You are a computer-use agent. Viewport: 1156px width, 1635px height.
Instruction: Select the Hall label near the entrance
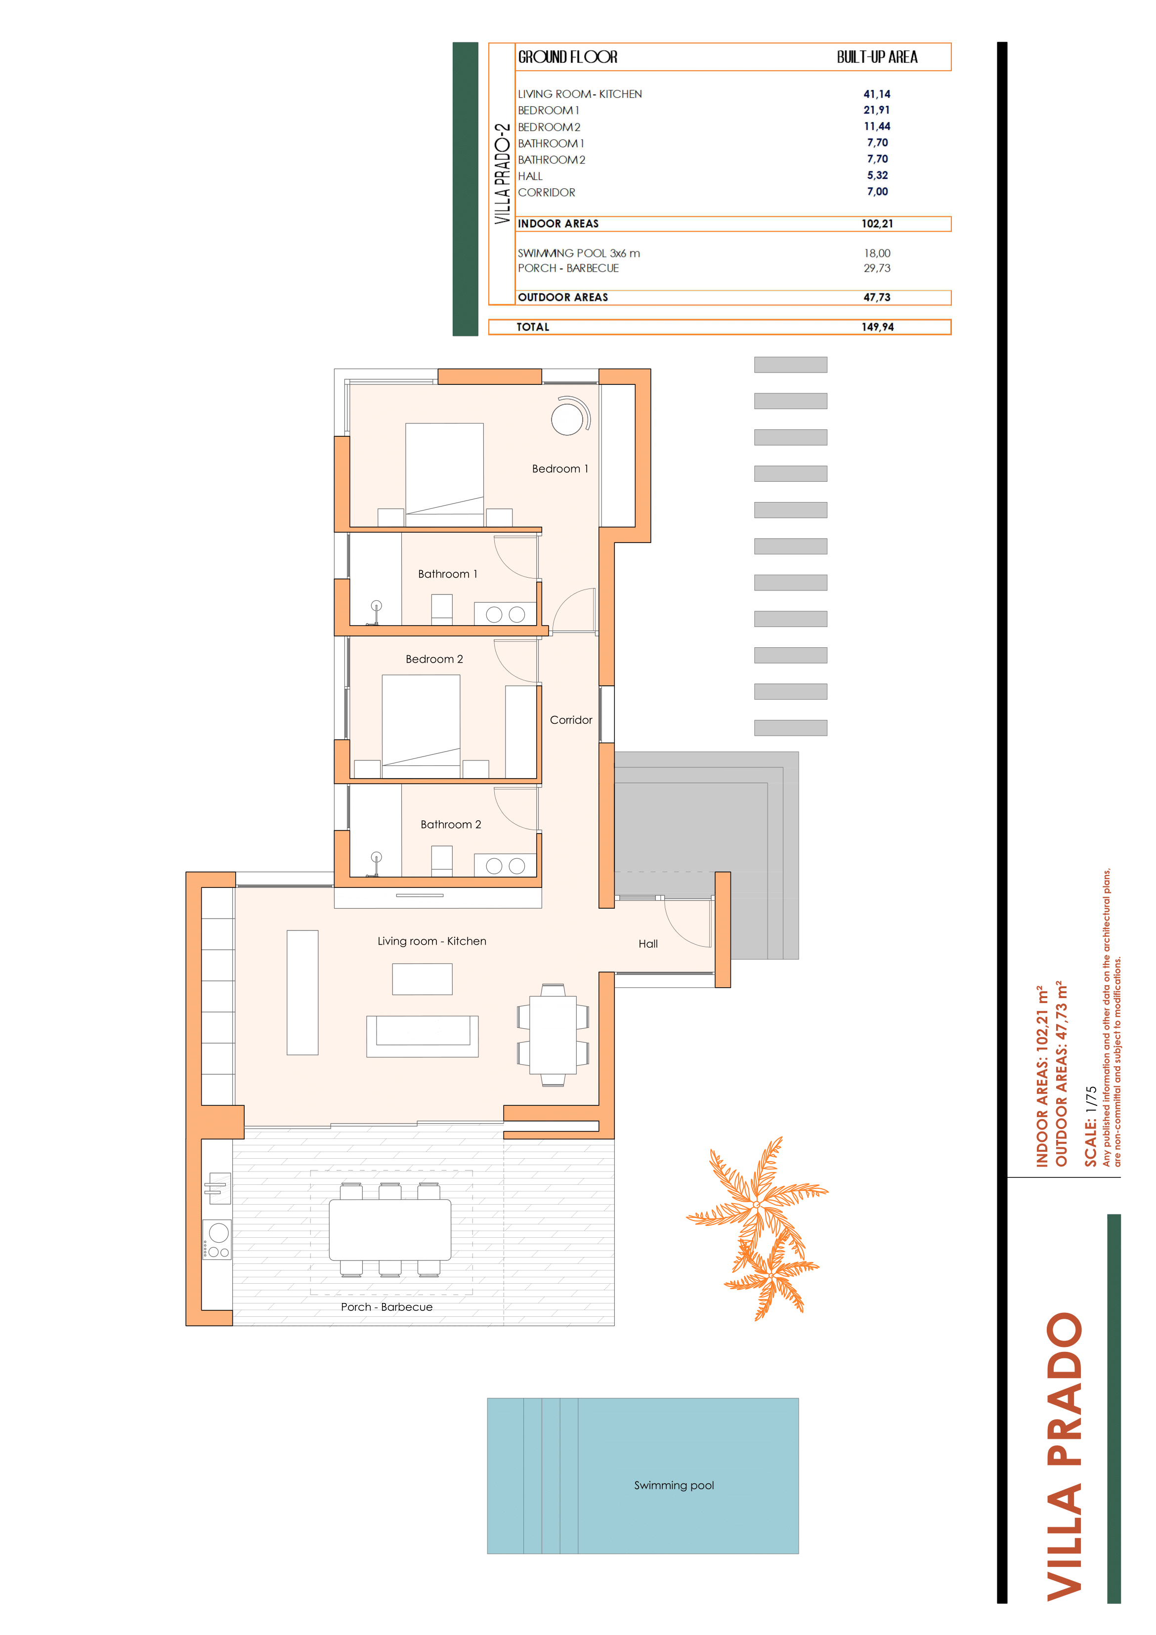click(x=648, y=944)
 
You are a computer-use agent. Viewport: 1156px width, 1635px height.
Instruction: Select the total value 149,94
click(x=878, y=327)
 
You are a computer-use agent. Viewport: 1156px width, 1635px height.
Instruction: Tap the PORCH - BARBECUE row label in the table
click(x=568, y=268)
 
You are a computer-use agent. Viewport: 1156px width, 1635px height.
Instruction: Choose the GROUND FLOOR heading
click(x=568, y=57)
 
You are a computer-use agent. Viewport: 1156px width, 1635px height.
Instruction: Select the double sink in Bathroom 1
click(x=506, y=614)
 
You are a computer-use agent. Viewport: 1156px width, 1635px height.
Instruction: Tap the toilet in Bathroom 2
click(x=442, y=861)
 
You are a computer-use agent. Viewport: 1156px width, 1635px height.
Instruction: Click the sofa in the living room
click(x=423, y=1036)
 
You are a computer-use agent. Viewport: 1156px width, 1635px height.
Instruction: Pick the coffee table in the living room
click(x=423, y=979)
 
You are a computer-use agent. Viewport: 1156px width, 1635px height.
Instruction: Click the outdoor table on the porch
click(x=389, y=1229)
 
